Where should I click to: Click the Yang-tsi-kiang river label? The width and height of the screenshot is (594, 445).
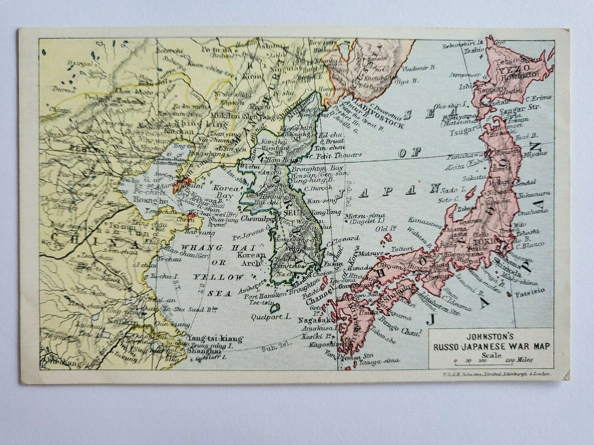pyautogui.click(x=215, y=339)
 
